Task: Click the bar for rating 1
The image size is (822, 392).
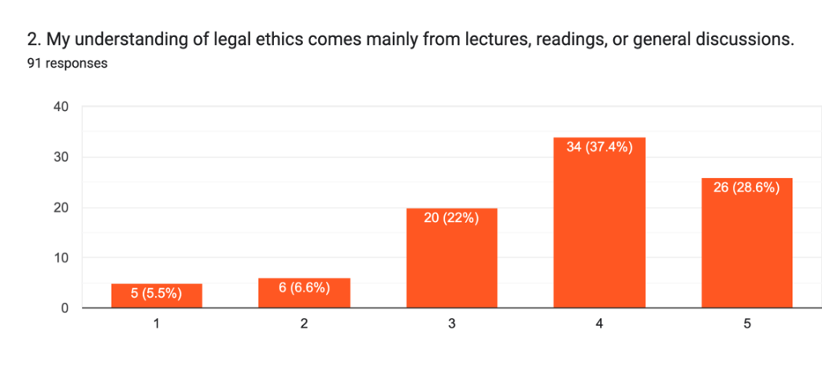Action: pyautogui.click(x=156, y=295)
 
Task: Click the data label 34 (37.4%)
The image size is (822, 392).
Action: pyautogui.click(x=599, y=147)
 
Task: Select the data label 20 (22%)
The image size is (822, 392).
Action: pyautogui.click(x=452, y=218)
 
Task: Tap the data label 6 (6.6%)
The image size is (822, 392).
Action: pyautogui.click(x=304, y=288)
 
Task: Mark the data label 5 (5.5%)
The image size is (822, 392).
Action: pyautogui.click(x=156, y=294)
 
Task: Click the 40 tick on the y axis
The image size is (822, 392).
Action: pyautogui.click(x=62, y=107)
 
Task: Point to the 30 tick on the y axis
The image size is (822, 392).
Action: pyautogui.click(x=62, y=157)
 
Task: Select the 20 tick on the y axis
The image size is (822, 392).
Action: pyautogui.click(x=62, y=208)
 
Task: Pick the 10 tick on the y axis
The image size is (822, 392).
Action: pyautogui.click(x=62, y=258)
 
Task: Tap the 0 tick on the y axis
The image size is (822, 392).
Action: pyautogui.click(x=65, y=308)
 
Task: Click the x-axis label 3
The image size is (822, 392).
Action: pyautogui.click(x=452, y=324)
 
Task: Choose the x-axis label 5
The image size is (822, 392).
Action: pyautogui.click(x=746, y=324)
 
